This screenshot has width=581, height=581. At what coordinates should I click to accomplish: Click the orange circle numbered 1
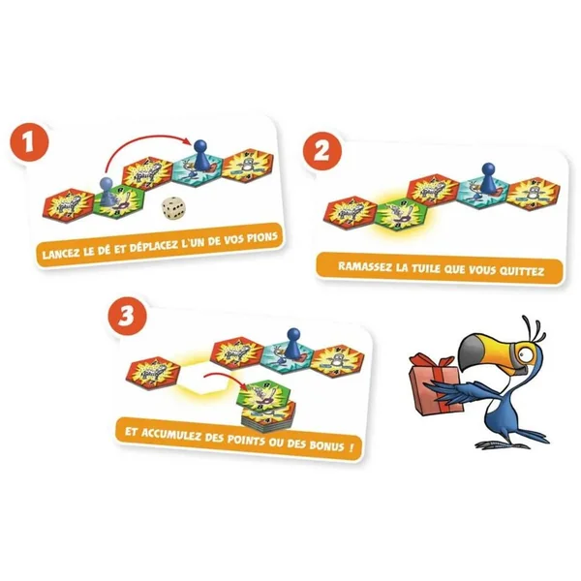29,142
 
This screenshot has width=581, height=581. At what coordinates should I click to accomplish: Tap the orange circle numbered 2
322,151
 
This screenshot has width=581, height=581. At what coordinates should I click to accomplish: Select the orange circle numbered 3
127,317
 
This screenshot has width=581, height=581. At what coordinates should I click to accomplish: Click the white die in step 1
172,207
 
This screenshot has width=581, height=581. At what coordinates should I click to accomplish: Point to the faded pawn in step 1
106,191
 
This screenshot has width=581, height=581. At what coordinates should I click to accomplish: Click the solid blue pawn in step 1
200,155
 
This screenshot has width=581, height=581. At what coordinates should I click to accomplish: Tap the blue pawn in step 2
489,178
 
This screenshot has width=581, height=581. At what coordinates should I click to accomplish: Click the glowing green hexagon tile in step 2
402,214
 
